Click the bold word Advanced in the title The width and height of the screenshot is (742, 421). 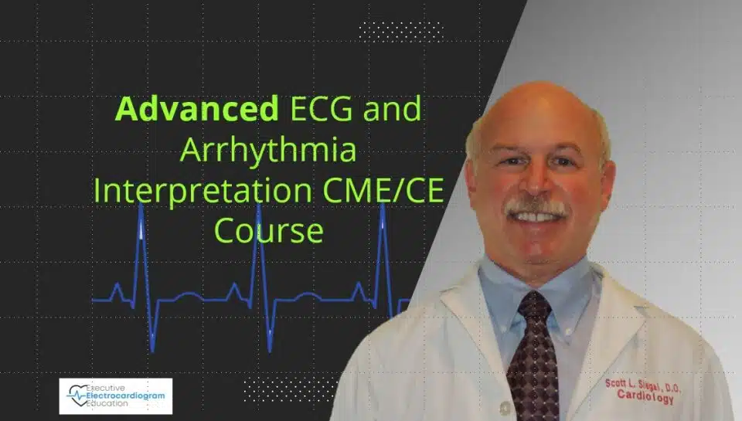(196, 108)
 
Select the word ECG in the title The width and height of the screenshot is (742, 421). (322, 108)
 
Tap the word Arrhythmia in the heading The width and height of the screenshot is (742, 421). (268, 151)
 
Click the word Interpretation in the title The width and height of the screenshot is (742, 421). (203, 191)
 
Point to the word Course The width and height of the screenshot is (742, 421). (268, 230)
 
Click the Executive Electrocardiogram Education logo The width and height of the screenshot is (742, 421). (116, 396)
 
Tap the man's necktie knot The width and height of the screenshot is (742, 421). (535, 306)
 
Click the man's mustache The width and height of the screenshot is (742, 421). (537, 207)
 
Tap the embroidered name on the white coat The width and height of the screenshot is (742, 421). (642, 385)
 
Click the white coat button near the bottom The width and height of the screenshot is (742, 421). (505, 407)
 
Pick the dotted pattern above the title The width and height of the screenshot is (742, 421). (401, 31)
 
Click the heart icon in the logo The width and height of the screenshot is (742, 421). (77, 395)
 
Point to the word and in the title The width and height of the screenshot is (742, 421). (393, 108)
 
